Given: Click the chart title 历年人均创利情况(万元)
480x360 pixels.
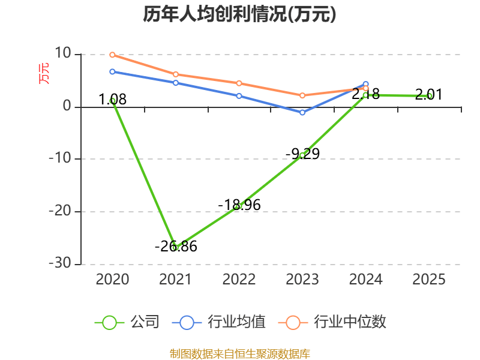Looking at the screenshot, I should click(239, 14).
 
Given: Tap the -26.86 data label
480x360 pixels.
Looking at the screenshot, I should click(176, 246).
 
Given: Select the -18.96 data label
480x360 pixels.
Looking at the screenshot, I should click(239, 205).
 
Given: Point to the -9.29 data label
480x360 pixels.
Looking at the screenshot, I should click(302, 154).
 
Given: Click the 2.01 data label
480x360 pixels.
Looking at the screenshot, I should click(428, 94).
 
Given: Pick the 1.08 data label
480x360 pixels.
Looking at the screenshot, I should click(113, 100).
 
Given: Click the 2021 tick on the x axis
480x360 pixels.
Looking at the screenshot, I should click(176, 279).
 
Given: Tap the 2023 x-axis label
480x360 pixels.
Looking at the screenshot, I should click(302, 279).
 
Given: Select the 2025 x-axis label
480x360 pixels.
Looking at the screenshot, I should click(429, 279).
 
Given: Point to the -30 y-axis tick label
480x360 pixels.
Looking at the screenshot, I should click(61, 264).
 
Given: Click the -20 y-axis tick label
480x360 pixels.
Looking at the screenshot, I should click(61, 212).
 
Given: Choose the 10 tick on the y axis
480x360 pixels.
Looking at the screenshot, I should click(63, 55).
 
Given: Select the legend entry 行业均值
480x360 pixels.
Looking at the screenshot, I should click(236, 322).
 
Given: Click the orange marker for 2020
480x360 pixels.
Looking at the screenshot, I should click(112, 55).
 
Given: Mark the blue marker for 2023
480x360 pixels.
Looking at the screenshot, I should click(302, 112).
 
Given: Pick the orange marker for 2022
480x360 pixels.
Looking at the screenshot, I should click(239, 83).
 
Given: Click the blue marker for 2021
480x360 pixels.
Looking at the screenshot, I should click(176, 83).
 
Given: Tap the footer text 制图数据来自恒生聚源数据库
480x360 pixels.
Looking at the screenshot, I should click(239, 353).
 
